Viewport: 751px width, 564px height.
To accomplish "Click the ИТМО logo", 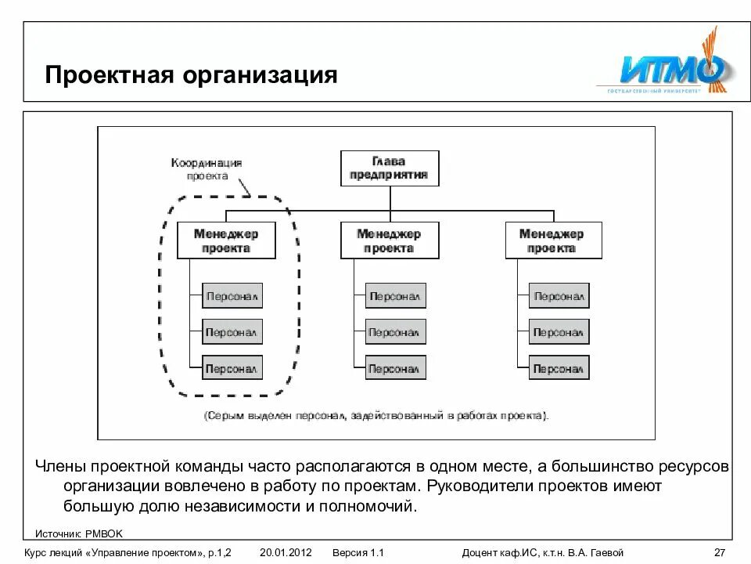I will (x=672, y=68).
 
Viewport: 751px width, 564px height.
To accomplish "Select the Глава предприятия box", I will (x=389, y=168).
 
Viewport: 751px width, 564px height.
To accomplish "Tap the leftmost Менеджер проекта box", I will (x=226, y=240).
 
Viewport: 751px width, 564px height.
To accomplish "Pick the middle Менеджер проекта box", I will (x=389, y=240).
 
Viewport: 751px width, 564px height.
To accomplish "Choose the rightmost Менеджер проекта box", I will (x=552, y=240).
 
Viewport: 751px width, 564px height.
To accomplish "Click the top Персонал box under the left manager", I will (x=232, y=296).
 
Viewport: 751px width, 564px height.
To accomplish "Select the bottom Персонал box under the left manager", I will (x=232, y=367).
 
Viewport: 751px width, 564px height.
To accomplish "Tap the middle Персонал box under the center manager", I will (x=395, y=332).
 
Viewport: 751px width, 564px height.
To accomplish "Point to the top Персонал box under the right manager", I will (x=559, y=296).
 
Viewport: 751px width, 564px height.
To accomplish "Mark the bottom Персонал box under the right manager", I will (x=559, y=367).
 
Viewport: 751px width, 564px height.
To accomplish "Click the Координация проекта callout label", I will (x=207, y=169).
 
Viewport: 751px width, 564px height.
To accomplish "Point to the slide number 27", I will (x=720, y=552).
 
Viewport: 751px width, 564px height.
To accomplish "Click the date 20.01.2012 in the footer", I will (x=286, y=552).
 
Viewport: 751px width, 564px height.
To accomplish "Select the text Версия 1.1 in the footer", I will (x=358, y=552).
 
